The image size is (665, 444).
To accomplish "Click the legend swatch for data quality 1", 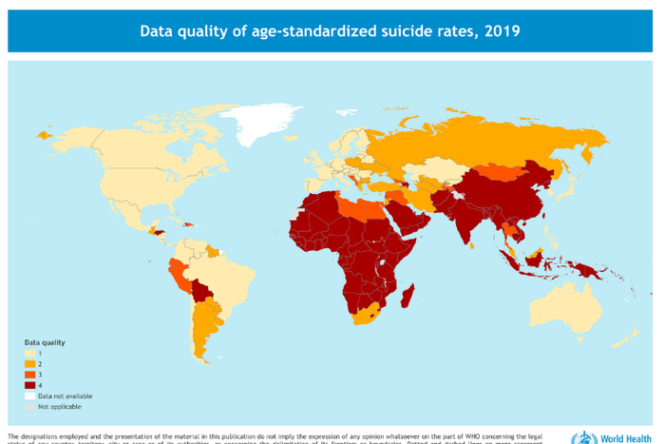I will (28, 353).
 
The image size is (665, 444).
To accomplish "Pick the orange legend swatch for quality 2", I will (28, 363).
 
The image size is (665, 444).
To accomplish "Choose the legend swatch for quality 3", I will (28, 374).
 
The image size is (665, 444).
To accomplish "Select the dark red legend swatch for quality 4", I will (28, 384).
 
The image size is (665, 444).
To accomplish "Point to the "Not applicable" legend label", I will (60, 406).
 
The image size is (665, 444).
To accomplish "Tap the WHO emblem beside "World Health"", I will (579, 437).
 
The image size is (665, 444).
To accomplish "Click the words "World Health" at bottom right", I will (623, 437).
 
